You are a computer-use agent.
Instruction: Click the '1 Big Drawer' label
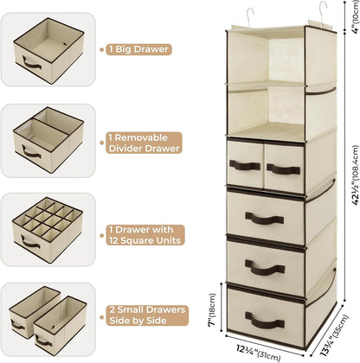coord(138,49)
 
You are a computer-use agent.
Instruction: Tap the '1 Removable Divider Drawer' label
coord(144,143)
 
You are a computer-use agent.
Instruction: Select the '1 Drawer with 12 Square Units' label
coord(145,235)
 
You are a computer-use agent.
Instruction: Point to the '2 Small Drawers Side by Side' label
coord(147,315)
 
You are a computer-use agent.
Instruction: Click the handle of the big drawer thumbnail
coord(31,63)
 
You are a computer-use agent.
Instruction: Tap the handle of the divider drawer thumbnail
coord(31,152)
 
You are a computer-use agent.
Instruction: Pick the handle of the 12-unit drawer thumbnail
coord(30,242)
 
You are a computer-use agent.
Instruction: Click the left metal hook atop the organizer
coord(250,17)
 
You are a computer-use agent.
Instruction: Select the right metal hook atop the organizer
coord(323,13)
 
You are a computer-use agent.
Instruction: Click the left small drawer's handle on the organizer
coord(245,166)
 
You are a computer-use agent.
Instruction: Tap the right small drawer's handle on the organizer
coord(284,169)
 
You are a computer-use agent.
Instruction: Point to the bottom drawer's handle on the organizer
coord(265,320)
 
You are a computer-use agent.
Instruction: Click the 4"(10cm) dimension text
coord(355,16)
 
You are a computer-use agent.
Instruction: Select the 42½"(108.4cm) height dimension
coord(355,175)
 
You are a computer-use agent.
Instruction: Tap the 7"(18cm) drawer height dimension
coord(212,309)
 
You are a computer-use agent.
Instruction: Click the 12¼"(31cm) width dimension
coord(258,353)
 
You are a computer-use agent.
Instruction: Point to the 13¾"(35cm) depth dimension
coord(334,334)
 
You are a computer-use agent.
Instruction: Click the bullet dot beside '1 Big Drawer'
coord(101,49)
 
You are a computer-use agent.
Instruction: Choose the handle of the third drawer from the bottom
coord(264,219)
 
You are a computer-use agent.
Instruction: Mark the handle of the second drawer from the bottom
coord(265,268)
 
